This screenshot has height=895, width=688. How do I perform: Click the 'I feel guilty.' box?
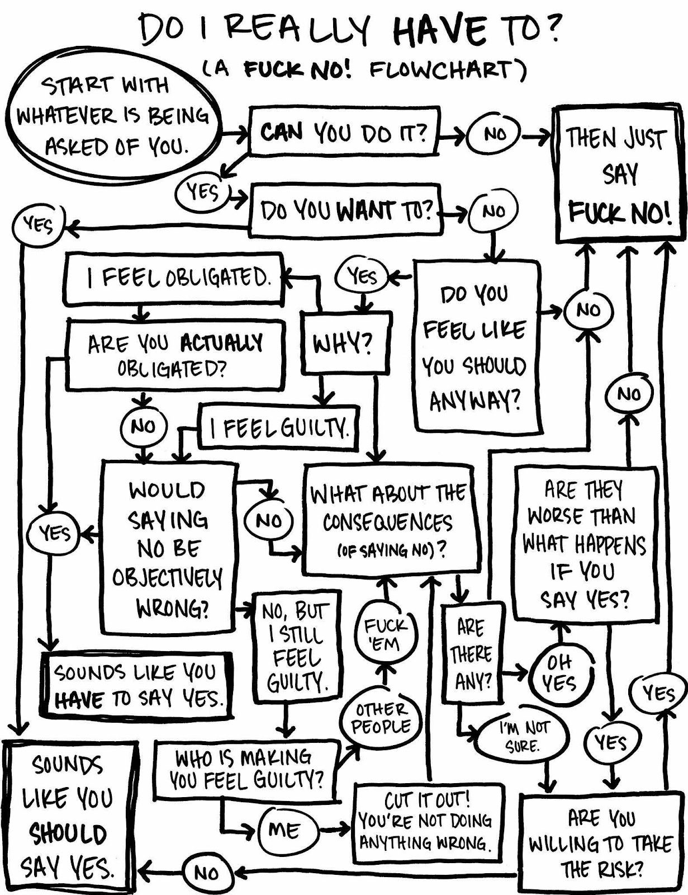pos(278,428)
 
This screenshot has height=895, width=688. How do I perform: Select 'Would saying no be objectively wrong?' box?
pos(169,548)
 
